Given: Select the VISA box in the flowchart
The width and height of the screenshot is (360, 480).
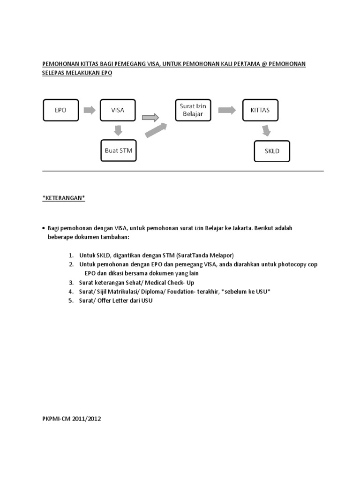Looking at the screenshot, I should pos(118,111).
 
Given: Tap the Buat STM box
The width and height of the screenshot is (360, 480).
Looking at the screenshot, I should pos(118,150).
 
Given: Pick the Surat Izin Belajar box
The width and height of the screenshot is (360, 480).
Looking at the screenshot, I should pos(193,110).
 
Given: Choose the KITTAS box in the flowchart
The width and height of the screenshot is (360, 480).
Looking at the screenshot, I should pos(260,111).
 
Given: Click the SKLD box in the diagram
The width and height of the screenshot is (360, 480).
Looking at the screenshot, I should pos(272,151).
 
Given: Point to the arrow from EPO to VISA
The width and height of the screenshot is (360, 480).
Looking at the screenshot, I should pos(89,111).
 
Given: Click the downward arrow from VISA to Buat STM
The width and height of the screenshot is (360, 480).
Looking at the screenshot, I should pos(118,130).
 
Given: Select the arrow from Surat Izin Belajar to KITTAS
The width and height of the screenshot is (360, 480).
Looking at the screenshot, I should pos(227,110).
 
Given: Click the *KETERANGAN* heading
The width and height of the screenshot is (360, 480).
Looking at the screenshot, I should pos(64,198).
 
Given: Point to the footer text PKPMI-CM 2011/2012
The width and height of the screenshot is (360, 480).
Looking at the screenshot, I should pos(72,419).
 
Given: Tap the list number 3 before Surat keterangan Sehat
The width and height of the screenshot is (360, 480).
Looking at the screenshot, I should pos(71,283).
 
